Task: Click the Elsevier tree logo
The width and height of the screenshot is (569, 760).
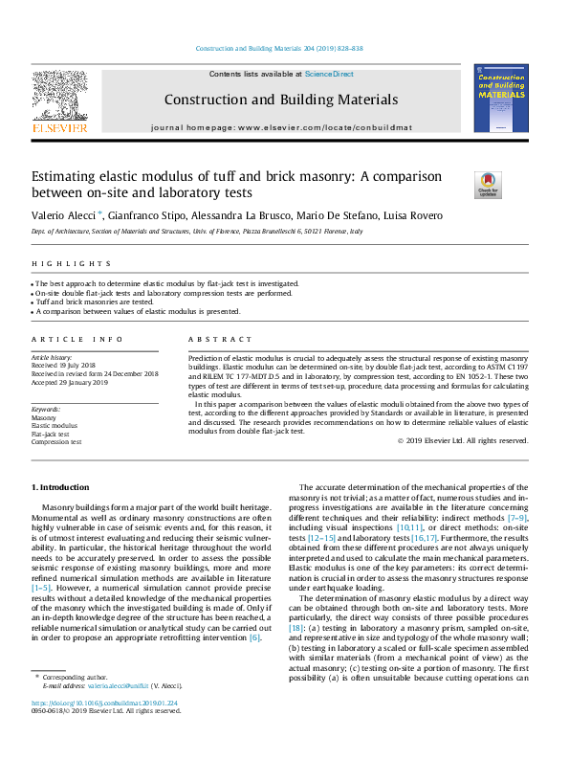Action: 59,97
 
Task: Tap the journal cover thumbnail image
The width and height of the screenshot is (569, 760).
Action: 500,99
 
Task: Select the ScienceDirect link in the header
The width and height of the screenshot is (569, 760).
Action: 330,74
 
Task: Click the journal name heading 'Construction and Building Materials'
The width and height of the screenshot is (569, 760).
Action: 280,100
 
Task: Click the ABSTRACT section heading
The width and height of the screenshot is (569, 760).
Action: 220,340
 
